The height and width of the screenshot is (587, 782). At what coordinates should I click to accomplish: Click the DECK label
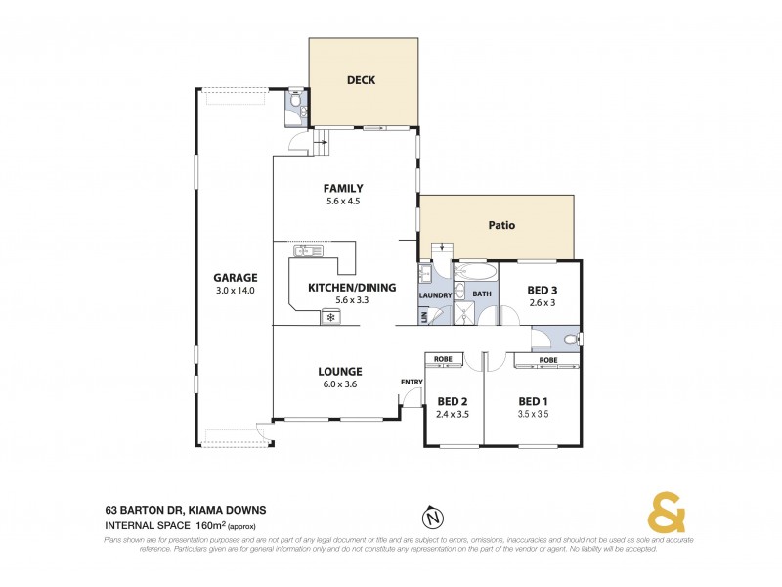(x=361, y=80)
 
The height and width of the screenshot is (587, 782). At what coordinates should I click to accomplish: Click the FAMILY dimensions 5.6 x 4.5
(x=344, y=202)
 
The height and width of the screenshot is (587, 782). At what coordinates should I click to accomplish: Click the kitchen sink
(x=309, y=251)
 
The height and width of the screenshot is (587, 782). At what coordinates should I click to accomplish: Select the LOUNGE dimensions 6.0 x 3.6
(x=339, y=384)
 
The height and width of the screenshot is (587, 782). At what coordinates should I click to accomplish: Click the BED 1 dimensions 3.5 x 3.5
(x=533, y=415)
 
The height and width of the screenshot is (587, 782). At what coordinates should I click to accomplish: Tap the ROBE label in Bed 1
(x=546, y=360)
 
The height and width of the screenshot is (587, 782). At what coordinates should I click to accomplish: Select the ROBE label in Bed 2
(x=443, y=359)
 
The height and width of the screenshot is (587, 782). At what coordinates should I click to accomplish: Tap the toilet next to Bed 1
(x=571, y=339)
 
